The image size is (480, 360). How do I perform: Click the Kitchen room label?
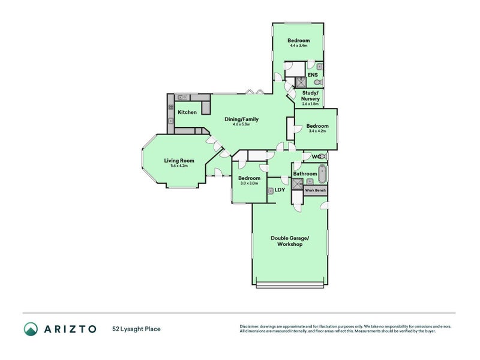pos(187,112)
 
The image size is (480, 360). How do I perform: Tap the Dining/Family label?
pos(242,119)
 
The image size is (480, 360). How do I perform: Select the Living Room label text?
pos(179,161)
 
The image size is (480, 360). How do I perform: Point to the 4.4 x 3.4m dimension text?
pos(298,46)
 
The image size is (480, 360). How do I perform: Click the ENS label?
pos(312,75)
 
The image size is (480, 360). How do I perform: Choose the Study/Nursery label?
pos(310,96)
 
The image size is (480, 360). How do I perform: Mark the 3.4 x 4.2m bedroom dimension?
pos(317,131)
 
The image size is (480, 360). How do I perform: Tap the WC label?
pos(316,157)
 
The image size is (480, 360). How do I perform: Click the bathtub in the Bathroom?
pos(322,174)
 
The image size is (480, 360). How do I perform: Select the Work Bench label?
pos(316,190)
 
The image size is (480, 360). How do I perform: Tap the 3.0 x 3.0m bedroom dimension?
pos(248,183)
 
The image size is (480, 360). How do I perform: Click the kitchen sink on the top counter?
pos(184,97)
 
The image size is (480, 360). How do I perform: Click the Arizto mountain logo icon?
pos(30,328)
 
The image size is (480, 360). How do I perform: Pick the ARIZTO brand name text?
pos(70,328)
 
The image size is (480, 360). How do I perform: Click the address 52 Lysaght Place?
pos(136,329)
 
